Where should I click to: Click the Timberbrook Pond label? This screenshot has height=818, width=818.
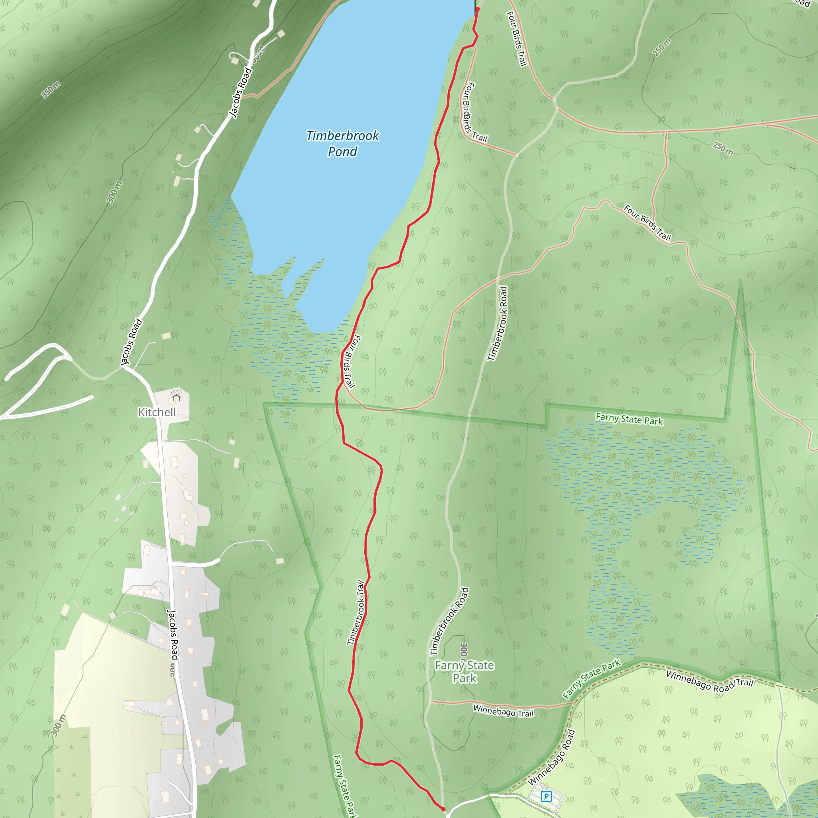(343, 143)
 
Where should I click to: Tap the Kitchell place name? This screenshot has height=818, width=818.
(157, 412)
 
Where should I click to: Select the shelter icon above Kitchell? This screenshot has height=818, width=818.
(176, 397)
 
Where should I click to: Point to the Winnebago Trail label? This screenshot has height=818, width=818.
(503, 711)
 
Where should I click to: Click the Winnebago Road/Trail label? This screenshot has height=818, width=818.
(710, 681)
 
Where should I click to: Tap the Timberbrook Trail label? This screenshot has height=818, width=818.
(355, 613)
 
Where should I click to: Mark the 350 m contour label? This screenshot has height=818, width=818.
(51, 89)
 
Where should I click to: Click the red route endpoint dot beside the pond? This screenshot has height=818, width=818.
(478, 9)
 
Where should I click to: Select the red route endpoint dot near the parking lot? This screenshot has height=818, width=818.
(443, 809)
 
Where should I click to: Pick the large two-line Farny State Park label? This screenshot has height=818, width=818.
(465, 671)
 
